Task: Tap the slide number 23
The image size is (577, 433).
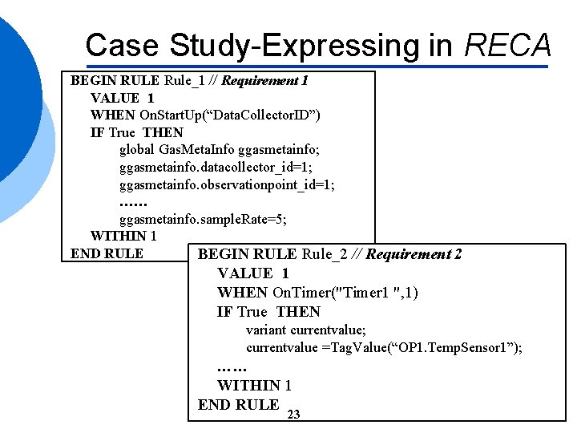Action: pyautogui.click(x=293, y=415)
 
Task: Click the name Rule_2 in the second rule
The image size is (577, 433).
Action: pyautogui.click(x=330, y=254)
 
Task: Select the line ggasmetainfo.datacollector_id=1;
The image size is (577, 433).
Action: pyautogui.click(x=216, y=167)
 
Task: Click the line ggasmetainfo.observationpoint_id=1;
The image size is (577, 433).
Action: pyautogui.click(x=227, y=184)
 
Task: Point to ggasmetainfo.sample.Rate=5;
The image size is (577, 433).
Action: pyautogui.click(x=203, y=219)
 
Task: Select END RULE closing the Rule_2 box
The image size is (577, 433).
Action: pyautogui.click(x=238, y=404)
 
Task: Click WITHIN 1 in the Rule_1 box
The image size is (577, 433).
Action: pyautogui.click(x=123, y=236)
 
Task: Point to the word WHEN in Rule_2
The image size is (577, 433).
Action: pyautogui.click(x=243, y=293)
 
